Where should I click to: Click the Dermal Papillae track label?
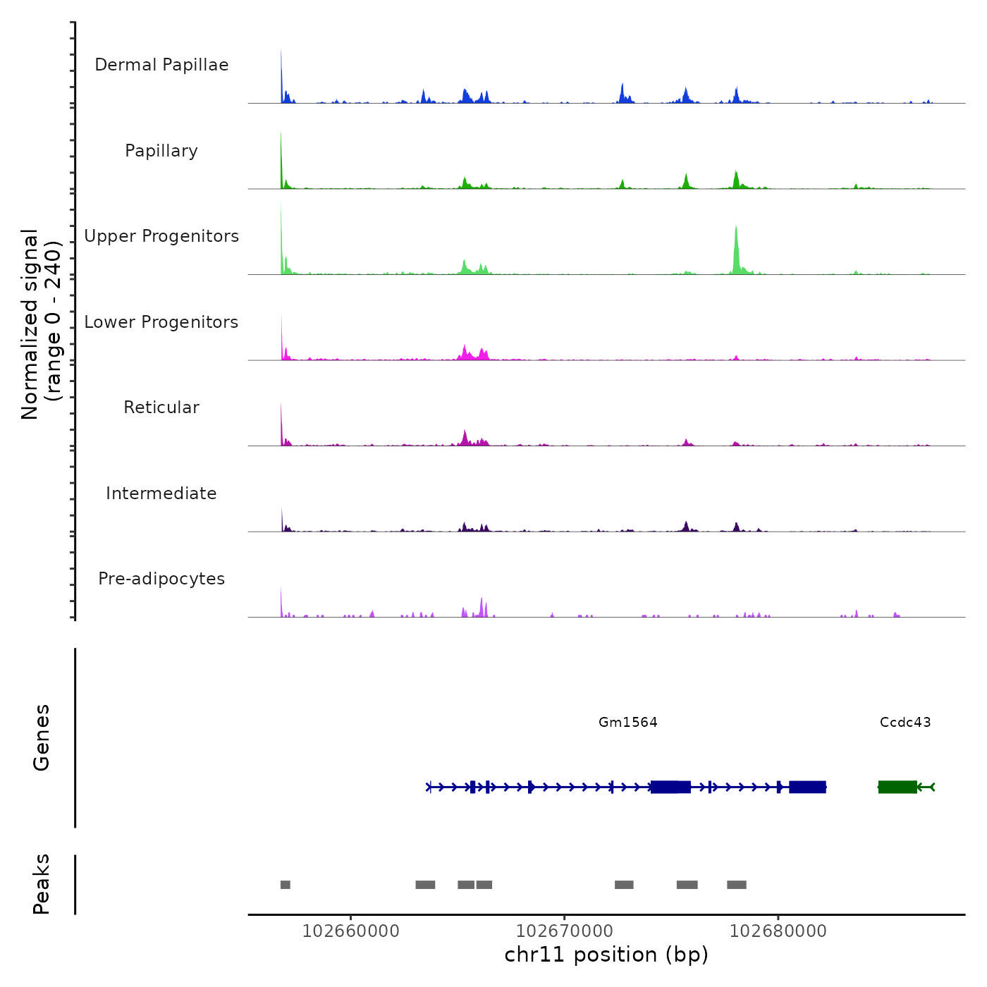tap(161, 65)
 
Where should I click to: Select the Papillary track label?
tap(161, 151)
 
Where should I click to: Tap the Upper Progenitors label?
tap(161, 236)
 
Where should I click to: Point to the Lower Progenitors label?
tap(161, 322)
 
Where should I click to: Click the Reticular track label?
tap(161, 407)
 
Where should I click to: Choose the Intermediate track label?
tap(161, 493)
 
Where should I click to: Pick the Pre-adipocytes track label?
tap(161, 579)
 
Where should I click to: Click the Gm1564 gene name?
tap(627, 722)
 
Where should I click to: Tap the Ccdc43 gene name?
tap(905, 722)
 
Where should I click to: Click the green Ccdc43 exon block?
tap(897, 787)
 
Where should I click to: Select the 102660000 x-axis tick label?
tap(350, 931)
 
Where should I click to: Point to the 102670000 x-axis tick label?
tap(565, 931)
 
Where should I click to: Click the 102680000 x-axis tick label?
tap(778, 931)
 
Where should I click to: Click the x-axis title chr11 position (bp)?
tap(606, 955)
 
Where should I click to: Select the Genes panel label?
tap(41, 737)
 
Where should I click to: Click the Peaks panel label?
tap(41, 884)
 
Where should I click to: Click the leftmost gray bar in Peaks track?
tap(285, 885)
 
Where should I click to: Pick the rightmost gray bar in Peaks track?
tap(737, 885)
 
